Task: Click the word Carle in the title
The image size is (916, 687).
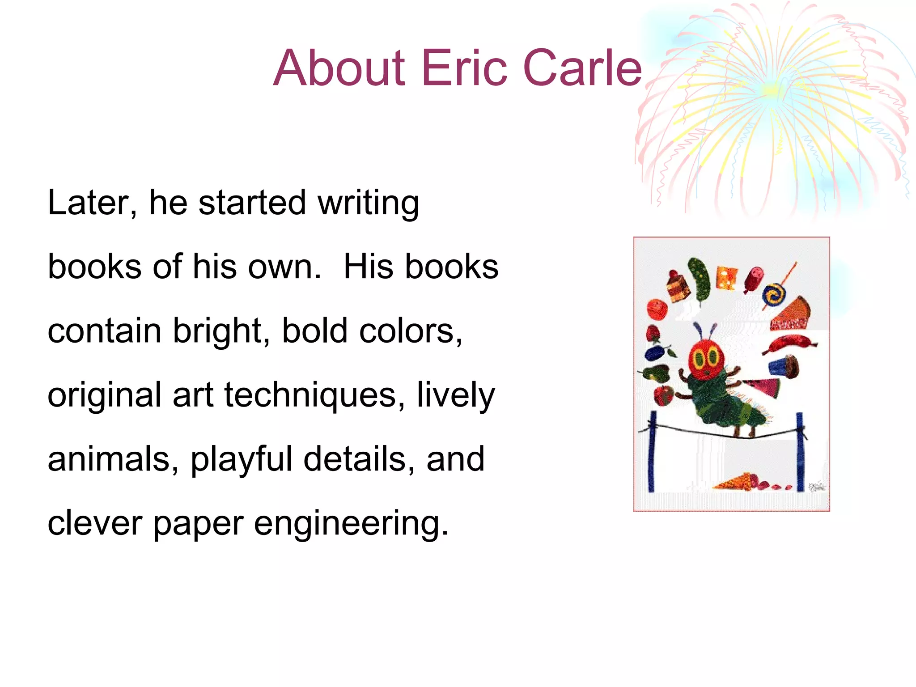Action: tap(582, 68)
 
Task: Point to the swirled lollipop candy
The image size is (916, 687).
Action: tap(773, 295)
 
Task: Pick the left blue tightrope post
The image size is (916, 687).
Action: tap(652, 452)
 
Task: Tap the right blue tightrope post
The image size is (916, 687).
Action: tap(800, 452)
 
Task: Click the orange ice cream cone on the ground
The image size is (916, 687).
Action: tap(734, 482)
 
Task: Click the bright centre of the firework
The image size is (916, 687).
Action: tap(770, 89)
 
